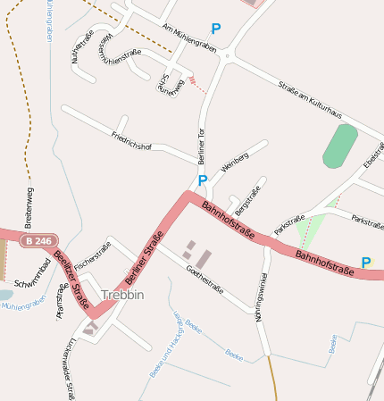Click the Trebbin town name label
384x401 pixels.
point(122,295)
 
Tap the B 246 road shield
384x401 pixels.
point(38,241)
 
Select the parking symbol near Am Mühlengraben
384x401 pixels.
point(215,29)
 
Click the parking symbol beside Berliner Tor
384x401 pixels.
point(203,180)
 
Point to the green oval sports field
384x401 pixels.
point(340,146)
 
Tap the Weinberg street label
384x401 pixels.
point(234,163)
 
